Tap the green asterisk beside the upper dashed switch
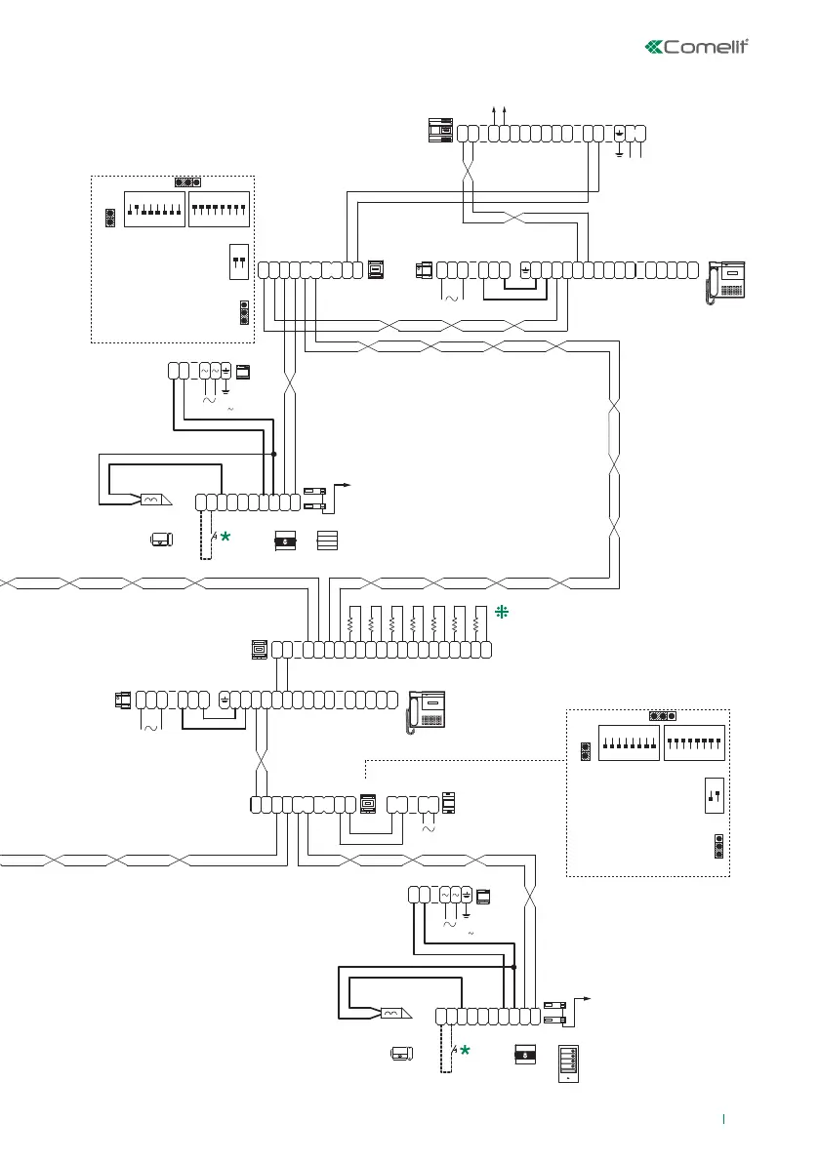tap(225, 537)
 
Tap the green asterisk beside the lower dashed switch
tap(465, 1051)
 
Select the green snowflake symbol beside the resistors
tap(502, 613)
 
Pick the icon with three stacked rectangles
tap(327, 541)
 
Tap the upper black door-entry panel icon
tap(286, 540)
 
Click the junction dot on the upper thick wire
tap(274, 454)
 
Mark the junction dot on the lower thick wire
tap(513, 967)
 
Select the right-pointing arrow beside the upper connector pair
tap(343, 484)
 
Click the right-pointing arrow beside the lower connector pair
tap(583, 998)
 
